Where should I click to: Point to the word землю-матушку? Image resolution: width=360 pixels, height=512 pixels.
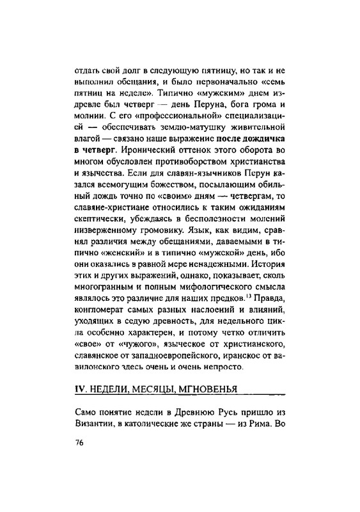[x=177, y=127]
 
